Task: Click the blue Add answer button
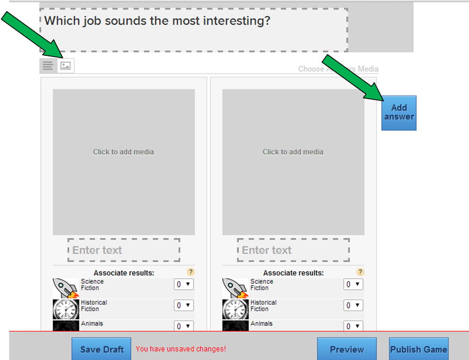pyautogui.click(x=399, y=113)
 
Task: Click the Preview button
pyautogui.click(x=346, y=349)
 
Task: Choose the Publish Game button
pyautogui.click(x=418, y=349)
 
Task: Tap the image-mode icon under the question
pyautogui.click(x=66, y=66)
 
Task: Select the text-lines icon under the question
pyautogui.click(x=48, y=66)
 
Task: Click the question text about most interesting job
pyautogui.click(x=157, y=21)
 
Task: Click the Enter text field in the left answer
pyautogui.click(x=124, y=250)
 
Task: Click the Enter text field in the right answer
pyautogui.click(x=293, y=250)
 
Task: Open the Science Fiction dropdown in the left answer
pyautogui.click(x=183, y=284)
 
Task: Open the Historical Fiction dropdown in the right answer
pyautogui.click(x=353, y=305)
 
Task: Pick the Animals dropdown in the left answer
pyautogui.click(x=183, y=326)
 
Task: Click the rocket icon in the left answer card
pyautogui.click(x=66, y=287)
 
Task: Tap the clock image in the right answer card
pyautogui.click(x=235, y=309)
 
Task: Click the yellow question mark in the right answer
pyautogui.click(x=360, y=272)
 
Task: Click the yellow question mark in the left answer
pyautogui.click(x=190, y=272)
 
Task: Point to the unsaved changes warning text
pyautogui.click(x=181, y=349)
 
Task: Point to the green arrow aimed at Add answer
pyautogui.click(x=352, y=77)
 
